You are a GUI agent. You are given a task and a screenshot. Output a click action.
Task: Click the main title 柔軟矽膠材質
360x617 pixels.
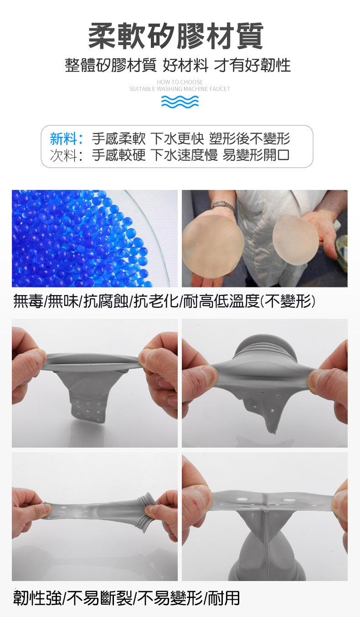click(175, 36)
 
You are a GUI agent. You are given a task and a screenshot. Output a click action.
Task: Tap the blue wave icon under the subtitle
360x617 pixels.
click(180, 102)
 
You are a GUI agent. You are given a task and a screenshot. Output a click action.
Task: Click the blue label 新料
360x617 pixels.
click(65, 138)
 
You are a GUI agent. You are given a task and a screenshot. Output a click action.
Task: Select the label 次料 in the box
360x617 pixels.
click(65, 155)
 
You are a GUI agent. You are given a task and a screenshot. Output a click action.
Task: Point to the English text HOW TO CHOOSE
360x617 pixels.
click(180, 82)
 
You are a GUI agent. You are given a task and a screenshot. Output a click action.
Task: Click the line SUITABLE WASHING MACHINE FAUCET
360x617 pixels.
click(180, 89)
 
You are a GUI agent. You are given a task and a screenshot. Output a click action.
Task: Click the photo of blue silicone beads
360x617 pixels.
click(94, 238)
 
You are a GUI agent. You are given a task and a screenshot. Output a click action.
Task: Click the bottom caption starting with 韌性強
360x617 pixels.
click(126, 597)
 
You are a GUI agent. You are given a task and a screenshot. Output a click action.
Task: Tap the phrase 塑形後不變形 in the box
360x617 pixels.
click(249, 138)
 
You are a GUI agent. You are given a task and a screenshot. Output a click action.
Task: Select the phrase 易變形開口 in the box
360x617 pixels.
click(256, 155)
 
